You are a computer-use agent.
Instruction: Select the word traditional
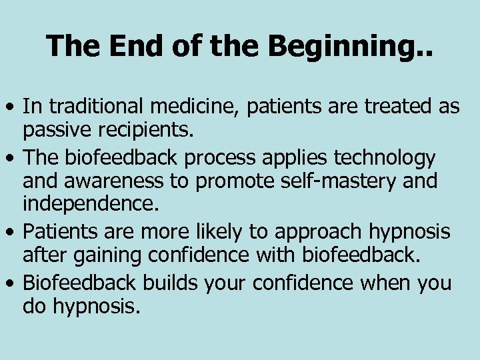(97, 105)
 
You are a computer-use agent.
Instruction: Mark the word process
(222, 159)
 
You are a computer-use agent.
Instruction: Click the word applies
(293, 159)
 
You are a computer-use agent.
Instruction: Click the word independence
(91, 203)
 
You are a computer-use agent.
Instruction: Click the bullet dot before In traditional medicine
(11, 107)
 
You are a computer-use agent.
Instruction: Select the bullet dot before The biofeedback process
(11, 159)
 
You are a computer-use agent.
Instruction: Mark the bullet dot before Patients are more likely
(11, 233)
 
